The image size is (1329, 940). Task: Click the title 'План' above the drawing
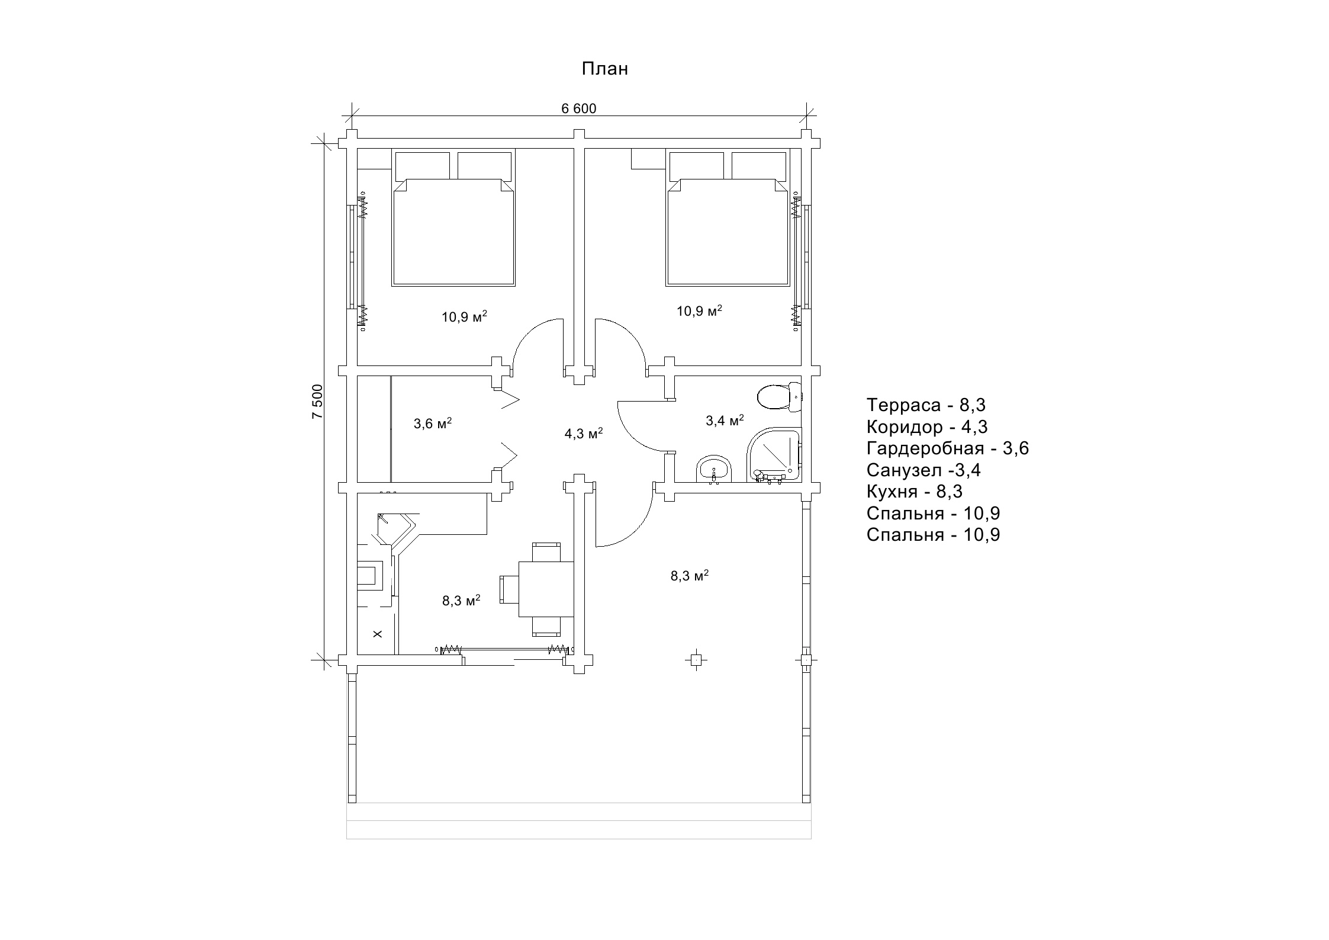[604, 69]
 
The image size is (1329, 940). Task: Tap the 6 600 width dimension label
[578, 108]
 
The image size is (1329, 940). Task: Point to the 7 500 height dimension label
[318, 402]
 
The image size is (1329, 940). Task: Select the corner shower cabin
[774, 455]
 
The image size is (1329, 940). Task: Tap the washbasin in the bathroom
[715, 470]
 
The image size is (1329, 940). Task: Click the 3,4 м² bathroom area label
[725, 421]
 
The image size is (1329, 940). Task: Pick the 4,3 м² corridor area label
[583, 434]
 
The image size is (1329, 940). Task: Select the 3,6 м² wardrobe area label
[433, 424]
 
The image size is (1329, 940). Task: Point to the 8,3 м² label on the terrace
[690, 576]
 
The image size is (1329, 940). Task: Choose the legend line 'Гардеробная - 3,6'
[948, 448]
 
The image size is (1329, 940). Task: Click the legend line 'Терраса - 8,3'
[926, 405]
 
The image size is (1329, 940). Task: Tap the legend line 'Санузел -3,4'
[923, 470]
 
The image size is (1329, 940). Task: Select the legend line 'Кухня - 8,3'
[915, 492]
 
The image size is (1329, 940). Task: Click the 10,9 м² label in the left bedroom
[464, 316]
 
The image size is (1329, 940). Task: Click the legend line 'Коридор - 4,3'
[927, 427]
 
